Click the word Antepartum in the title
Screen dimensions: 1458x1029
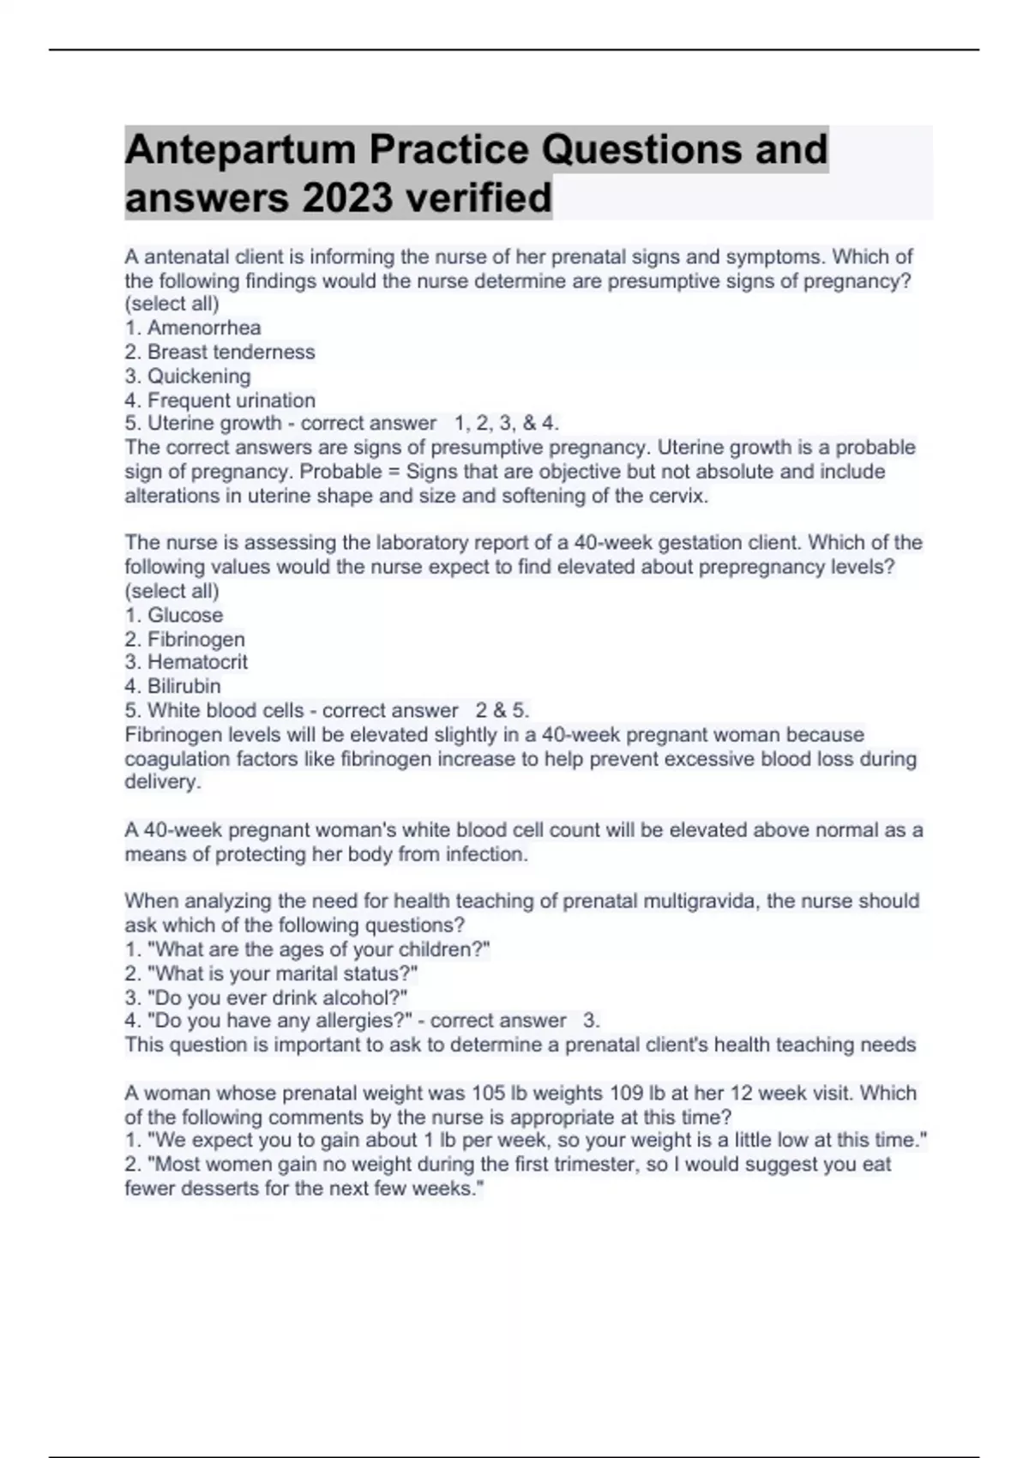240,149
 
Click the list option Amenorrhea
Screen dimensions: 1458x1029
204,328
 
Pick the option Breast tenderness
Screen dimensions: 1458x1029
231,352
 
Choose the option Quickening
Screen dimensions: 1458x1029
199,376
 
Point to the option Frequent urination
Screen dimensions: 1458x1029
232,400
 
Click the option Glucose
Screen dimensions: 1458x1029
185,615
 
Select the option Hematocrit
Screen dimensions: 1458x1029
197,662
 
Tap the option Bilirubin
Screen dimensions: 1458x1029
184,686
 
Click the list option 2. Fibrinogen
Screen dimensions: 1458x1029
196,639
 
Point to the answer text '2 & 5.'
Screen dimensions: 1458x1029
502,710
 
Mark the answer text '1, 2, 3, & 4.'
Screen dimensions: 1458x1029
507,423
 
